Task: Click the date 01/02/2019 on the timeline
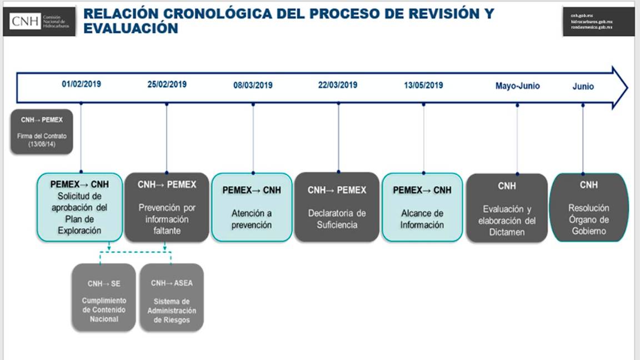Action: click(82, 85)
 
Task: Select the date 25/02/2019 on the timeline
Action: click(167, 85)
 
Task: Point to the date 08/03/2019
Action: click(253, 86)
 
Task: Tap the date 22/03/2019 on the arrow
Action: click(338, 85)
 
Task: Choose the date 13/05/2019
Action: click(423, 85)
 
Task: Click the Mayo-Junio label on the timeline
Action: click(517, 86)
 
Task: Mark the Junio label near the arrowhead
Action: click(583, 87)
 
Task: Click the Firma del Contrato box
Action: click(42, 132)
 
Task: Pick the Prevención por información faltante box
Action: click(167, 207)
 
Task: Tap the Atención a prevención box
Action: click(252, 207)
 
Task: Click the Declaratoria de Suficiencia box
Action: click(337, 207)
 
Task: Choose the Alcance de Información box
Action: click(422, 207)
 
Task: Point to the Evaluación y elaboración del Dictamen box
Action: click(507, 208)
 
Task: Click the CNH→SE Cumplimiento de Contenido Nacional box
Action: click(104, 297)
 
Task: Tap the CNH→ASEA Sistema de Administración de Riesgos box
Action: click(172, 297)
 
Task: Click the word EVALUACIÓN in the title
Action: click(131, 29)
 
